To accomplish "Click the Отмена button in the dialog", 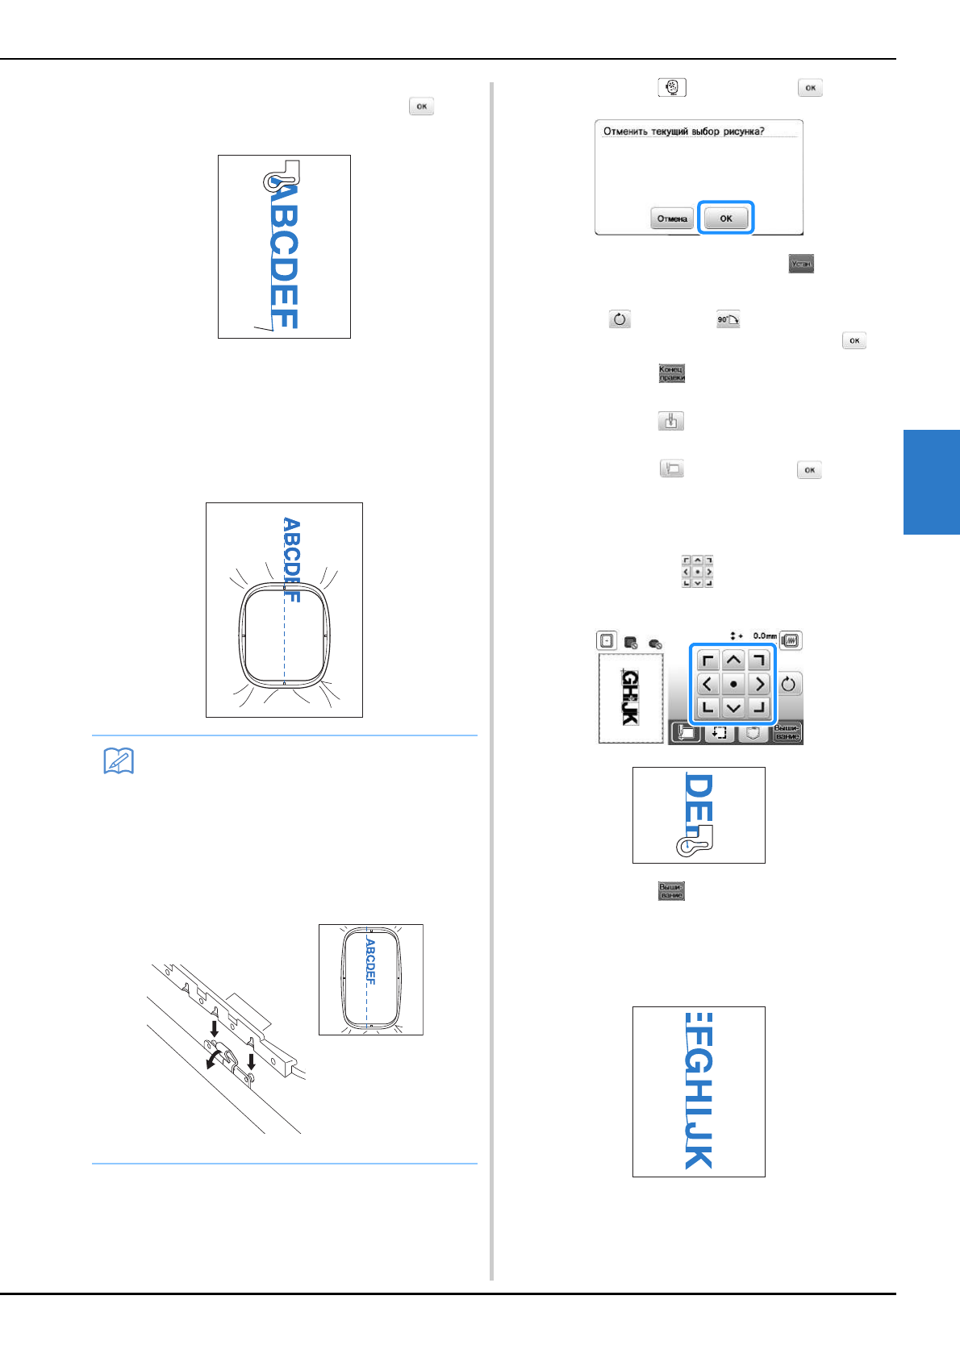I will coord(671,219).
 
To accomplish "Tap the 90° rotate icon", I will coord(728,320).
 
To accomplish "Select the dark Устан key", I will coord(801,264).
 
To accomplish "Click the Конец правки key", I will coord(671,373).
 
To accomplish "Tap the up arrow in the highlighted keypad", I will coord(733,660).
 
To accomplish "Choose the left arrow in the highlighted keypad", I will coord(707,685).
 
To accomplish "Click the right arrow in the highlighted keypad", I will coord(759,685).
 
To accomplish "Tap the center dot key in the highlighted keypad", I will coord(733,685).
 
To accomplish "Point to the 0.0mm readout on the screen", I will coord(764,636).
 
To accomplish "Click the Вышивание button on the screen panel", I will coord(787,732).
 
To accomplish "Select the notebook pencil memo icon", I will coord(119,760).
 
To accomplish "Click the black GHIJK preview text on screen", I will coord(630,698).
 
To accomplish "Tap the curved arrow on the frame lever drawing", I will coord(214,1056).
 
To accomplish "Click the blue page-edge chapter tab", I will coord(931,481).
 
